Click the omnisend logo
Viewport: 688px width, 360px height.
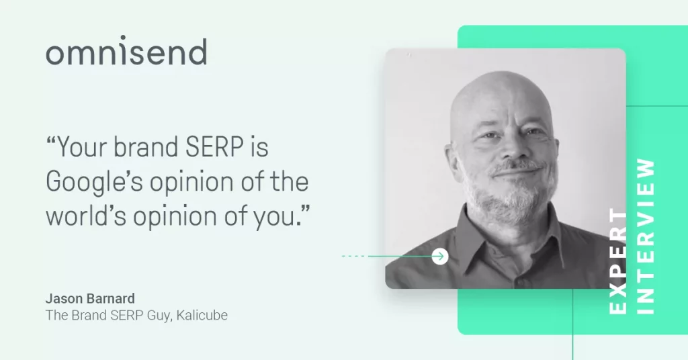pyautogui.click(x=126, y=51)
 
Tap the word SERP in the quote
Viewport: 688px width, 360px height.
pyautogui.click(x=214, y=146)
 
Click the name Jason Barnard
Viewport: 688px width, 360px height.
pyautogui.click(x=90, y=299)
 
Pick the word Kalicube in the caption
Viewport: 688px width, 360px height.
pyautogui.click(x=202, y=315)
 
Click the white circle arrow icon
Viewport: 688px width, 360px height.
pyautogui.click(x=439, y=256)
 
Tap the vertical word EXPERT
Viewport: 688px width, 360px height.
pyautogui.click(x=618, y=261)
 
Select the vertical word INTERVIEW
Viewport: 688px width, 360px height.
pyautogui.click(x=646, y=236)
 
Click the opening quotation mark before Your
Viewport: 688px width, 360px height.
pyautogui.click(x=51, y=140)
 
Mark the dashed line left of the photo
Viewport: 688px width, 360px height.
pyautogui.click(x=353, y=256)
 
